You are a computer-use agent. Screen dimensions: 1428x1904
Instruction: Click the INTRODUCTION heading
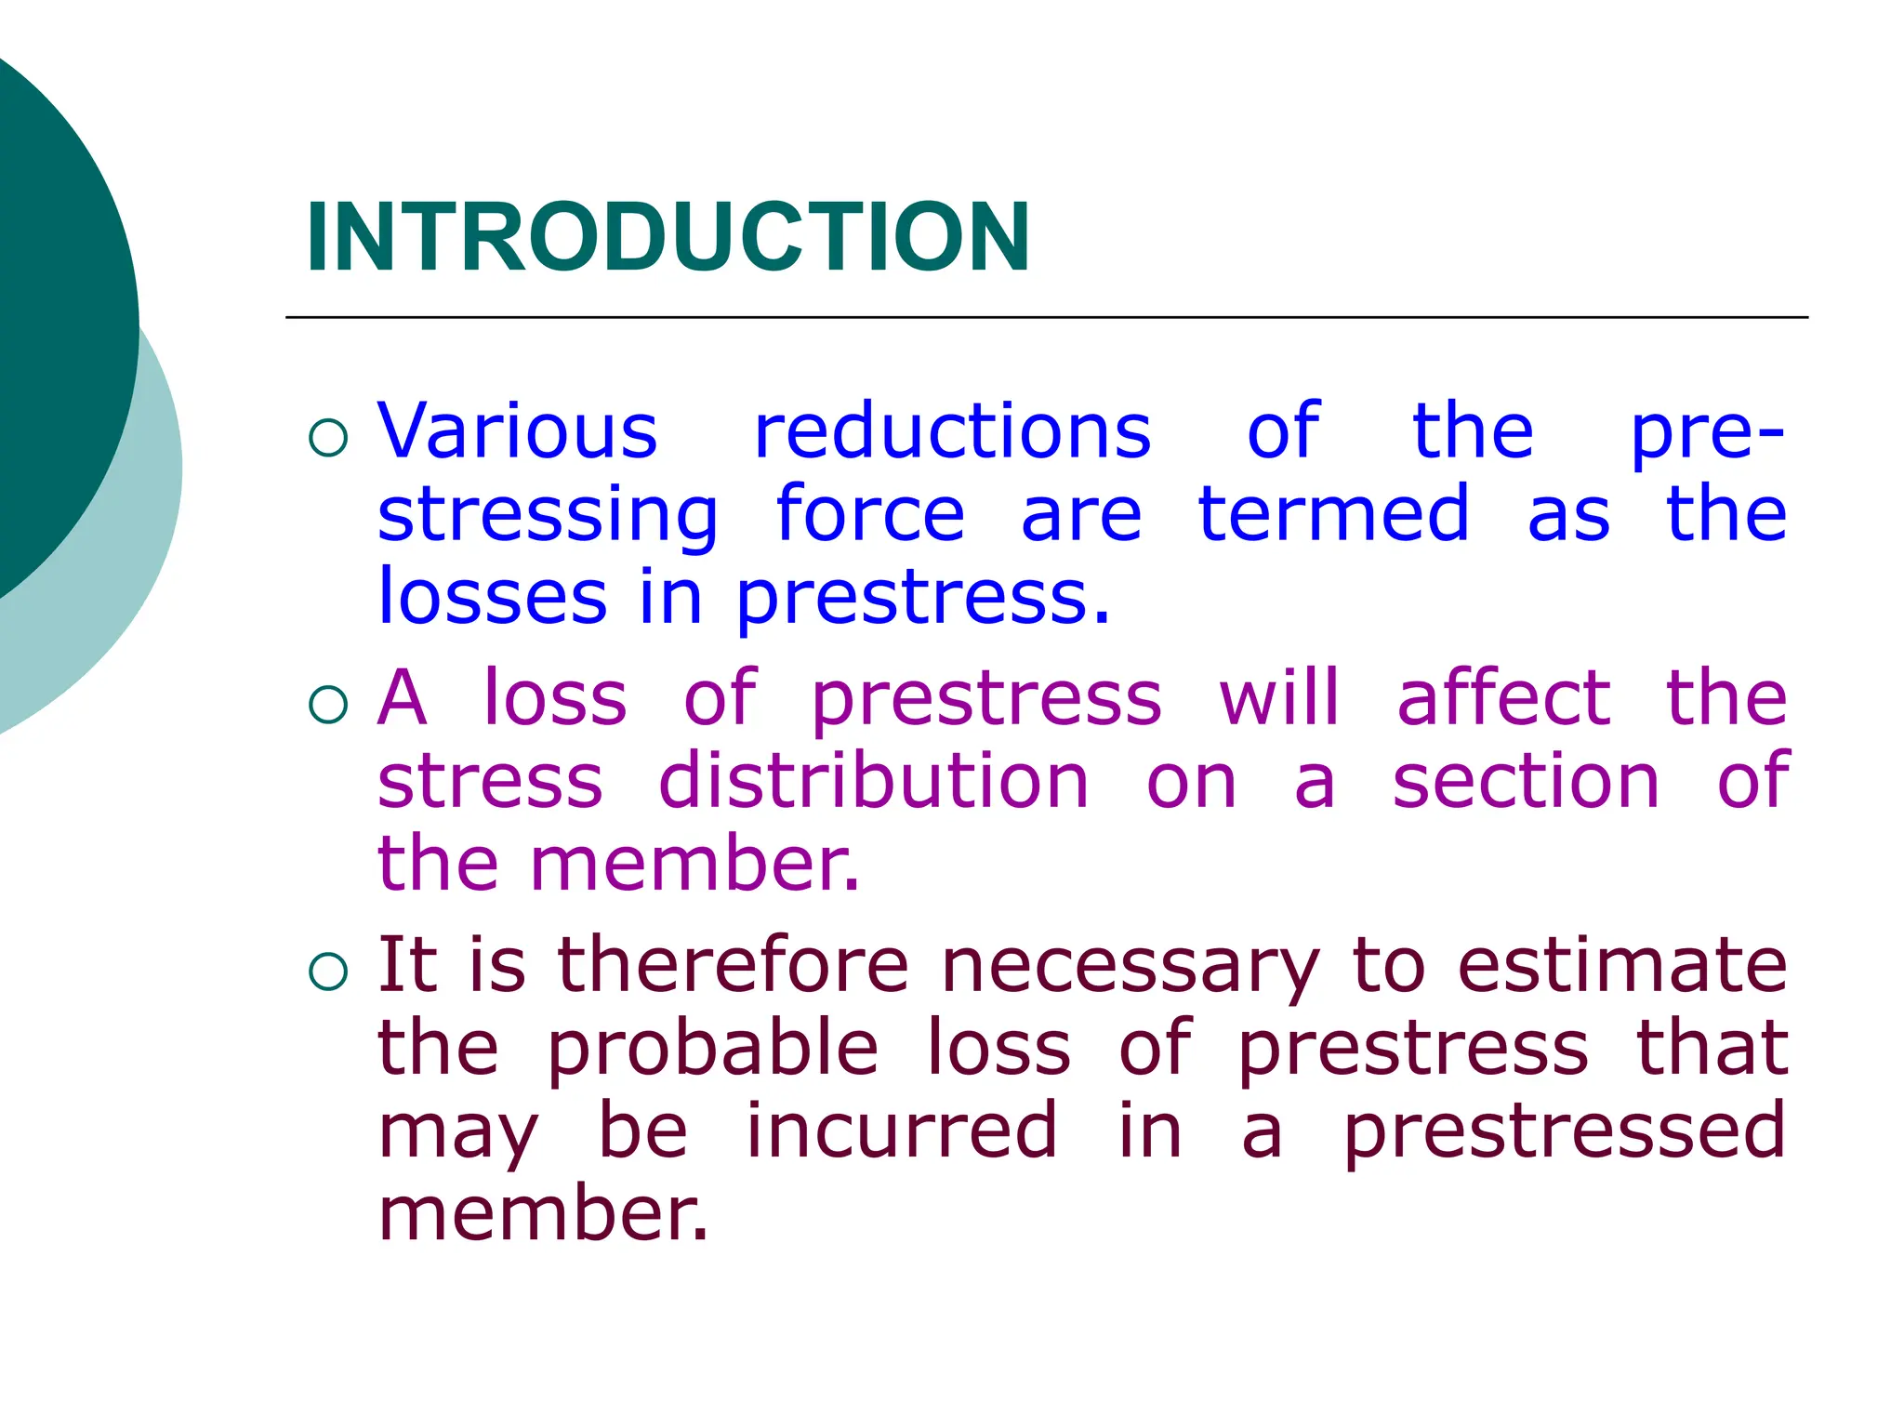tap(668, 238)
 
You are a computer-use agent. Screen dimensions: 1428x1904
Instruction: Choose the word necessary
tap(1130, 967)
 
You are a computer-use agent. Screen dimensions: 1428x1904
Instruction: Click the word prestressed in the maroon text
tap(1565, 1131)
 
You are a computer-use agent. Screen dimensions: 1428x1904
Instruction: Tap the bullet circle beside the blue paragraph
tap(328, 438)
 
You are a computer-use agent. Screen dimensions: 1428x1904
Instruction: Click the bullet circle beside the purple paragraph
tap(328, 705)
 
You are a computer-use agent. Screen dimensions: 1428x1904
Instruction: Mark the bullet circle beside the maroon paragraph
tap(328, 972)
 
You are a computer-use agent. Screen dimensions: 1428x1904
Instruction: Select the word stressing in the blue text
tap(548, 515)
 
